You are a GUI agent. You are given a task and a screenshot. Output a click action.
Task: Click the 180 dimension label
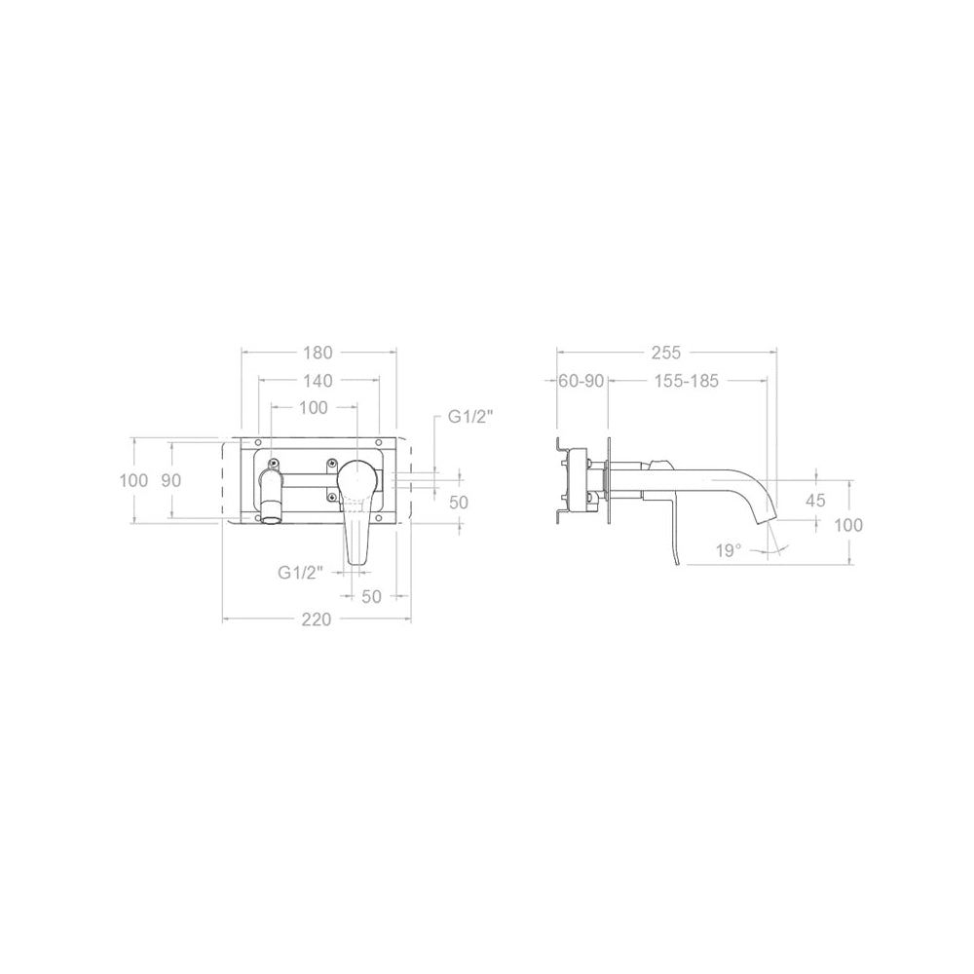(x=318, y=353)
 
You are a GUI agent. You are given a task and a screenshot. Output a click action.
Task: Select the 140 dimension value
(x=318, y=380)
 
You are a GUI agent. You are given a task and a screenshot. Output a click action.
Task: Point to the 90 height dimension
(x=171, y=480)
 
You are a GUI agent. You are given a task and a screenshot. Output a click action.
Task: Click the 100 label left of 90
(x=133, y=480)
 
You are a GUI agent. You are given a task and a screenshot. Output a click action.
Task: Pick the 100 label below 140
(x=313, y=408)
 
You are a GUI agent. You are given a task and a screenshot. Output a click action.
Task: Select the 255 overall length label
(x=665, y=353)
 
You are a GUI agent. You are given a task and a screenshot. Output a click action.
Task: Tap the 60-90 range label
(x=582, y=381)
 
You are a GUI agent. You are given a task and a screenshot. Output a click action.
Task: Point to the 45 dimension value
(x=815, y=501)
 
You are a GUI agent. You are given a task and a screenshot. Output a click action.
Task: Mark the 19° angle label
(x=728, y=549)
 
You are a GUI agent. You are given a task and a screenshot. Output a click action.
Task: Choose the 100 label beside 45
(x=848, y=525)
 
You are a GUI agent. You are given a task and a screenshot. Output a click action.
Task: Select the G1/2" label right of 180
(x=471, y=417)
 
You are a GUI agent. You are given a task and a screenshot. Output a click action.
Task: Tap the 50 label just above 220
(x=371, y=596)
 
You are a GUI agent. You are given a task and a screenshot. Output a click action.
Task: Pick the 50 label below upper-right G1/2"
(x=459, y=502)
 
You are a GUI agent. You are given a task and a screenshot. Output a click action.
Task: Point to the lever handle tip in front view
(x=356, y=557)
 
